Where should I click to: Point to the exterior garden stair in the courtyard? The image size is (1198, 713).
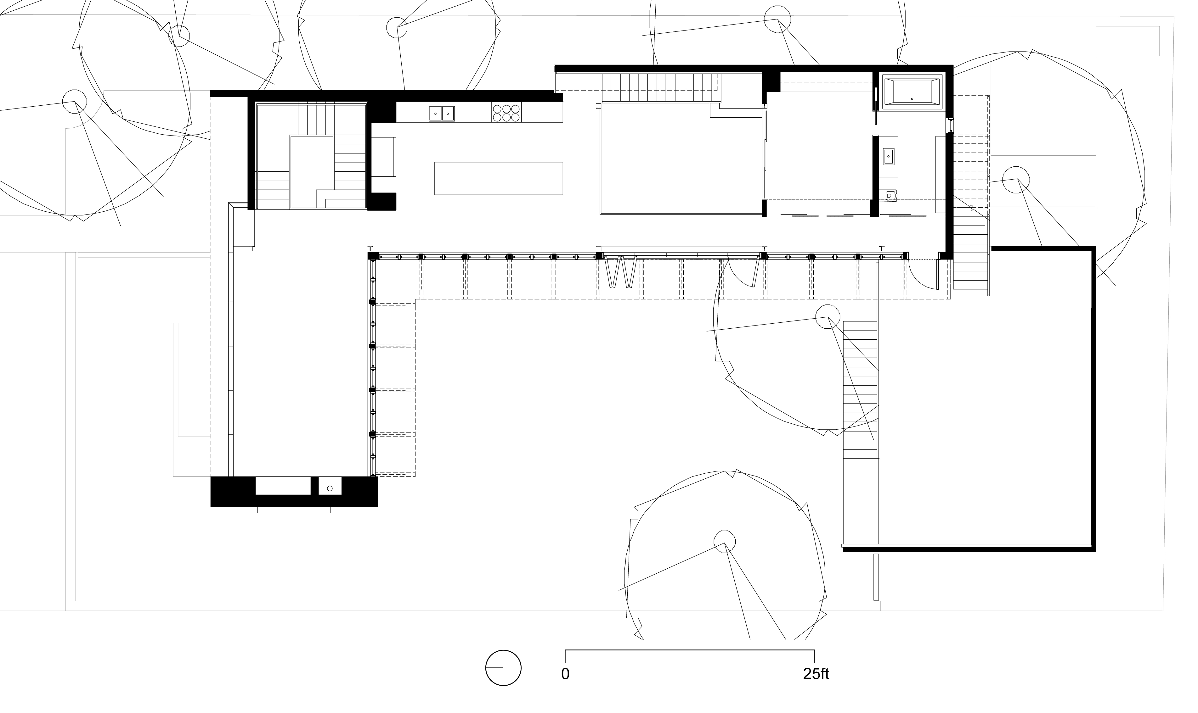coord(861,389)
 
